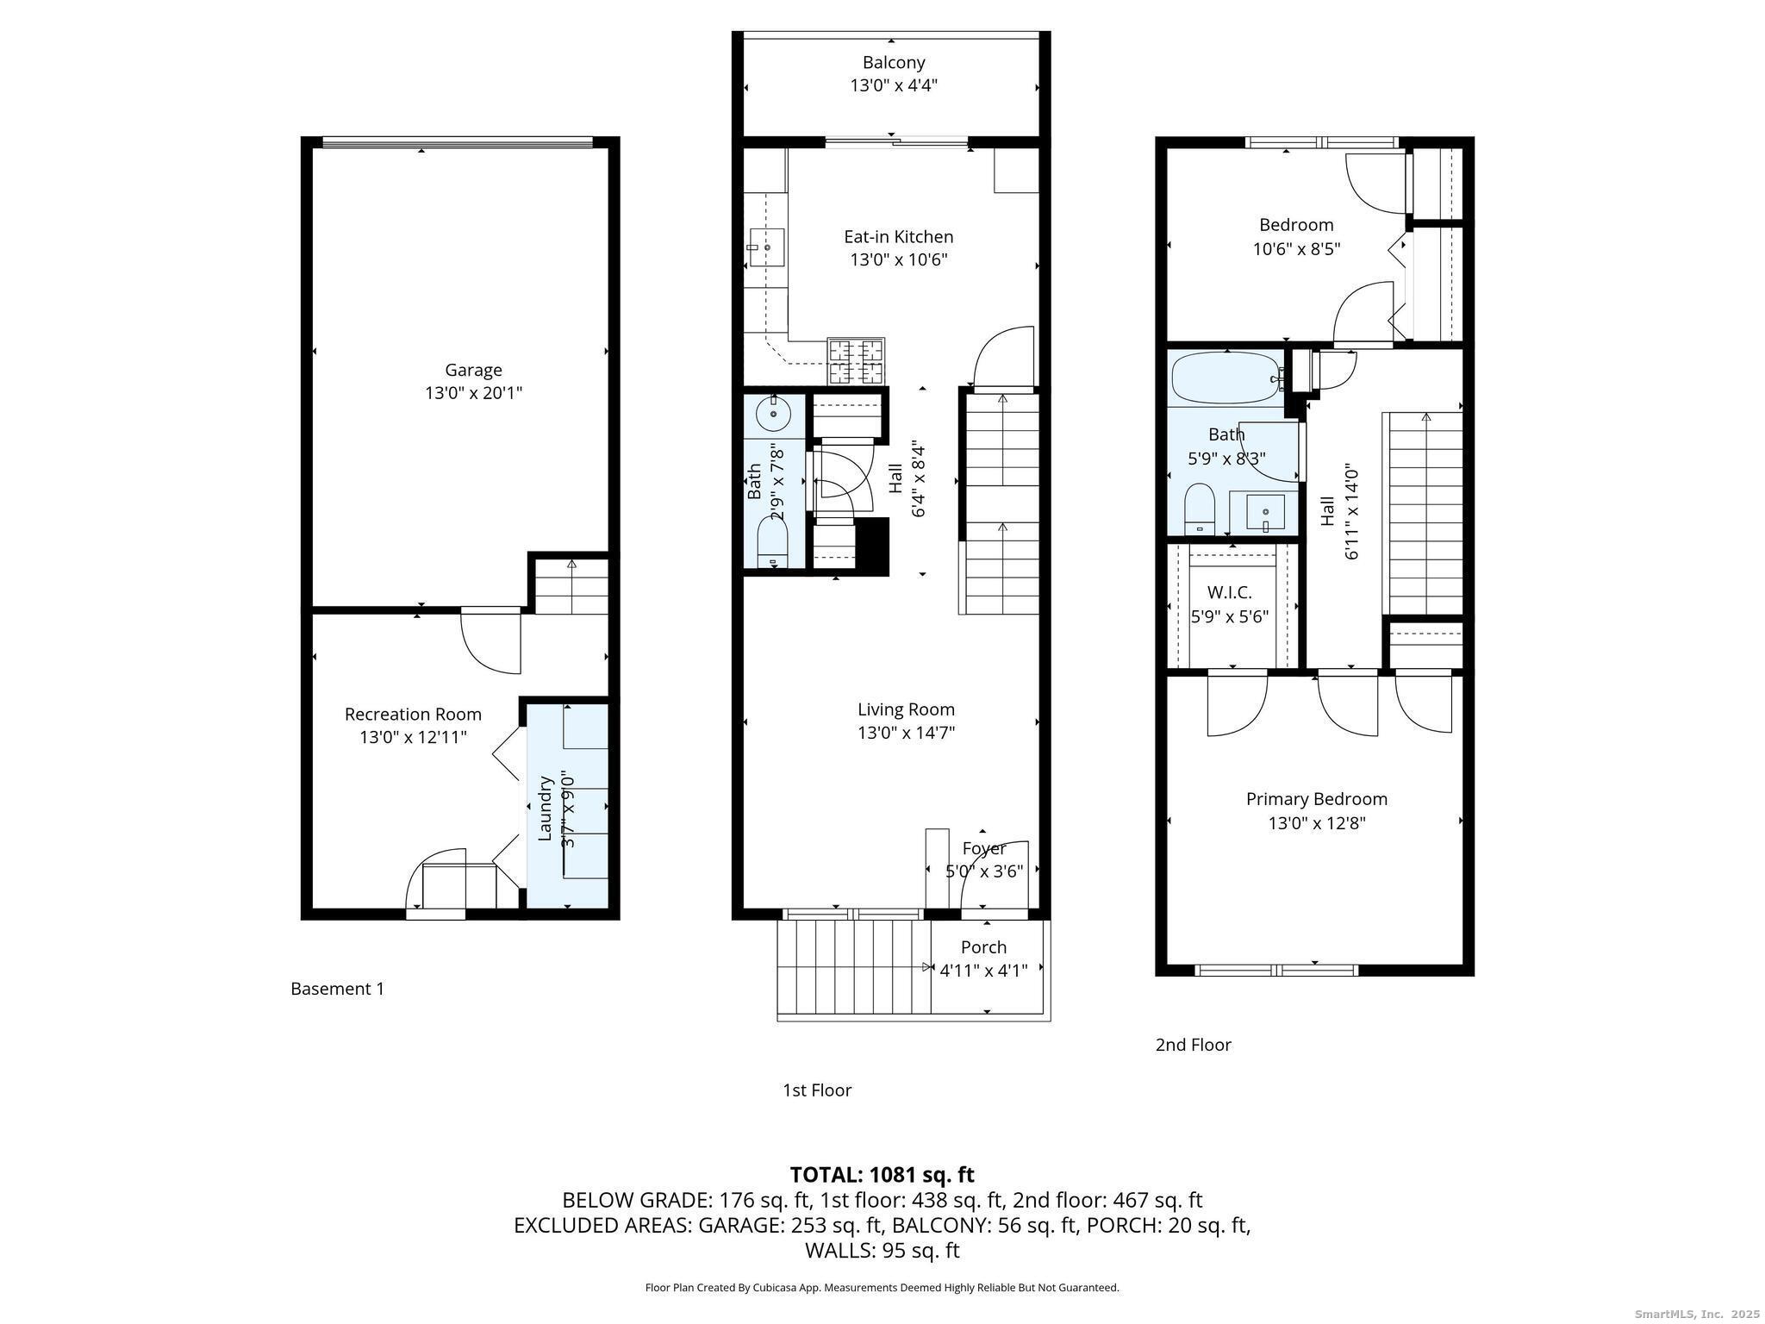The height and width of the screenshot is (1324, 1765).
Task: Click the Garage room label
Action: pos(473,370)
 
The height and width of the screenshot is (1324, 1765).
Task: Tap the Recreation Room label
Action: pos(413,714)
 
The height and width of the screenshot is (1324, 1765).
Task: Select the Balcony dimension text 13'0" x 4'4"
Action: pos(894,85)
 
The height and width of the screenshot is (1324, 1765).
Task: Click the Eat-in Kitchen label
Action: pos(898,236)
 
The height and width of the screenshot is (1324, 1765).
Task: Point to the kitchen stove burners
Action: pos(856,361)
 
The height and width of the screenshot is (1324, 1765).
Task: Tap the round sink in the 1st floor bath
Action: pos(774,415)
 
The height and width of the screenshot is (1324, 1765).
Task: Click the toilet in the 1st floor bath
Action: pos(773,542)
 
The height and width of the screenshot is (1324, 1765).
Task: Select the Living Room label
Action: pos(906,709)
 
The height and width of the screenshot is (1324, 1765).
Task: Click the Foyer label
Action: pos(984,848)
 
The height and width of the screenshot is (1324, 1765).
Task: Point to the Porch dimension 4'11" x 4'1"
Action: pos(983,971)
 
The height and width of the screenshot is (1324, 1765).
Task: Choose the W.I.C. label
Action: pos(1230,592)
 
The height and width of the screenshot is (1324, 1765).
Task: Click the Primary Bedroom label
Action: pos(1317,799)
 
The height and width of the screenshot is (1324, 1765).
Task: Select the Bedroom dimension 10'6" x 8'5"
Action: pos(1296,249)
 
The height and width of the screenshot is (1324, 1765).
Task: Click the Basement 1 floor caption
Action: pos(337,989)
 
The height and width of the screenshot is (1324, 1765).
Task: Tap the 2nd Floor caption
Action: pos(1193,1045)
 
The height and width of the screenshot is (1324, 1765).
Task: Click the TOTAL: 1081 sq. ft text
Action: pos(882,1175)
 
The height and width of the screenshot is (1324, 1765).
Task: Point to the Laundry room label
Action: pos(545,808)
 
